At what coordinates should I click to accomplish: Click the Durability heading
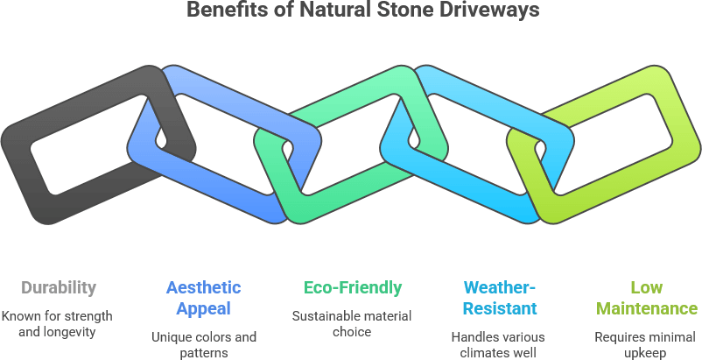(59, 287)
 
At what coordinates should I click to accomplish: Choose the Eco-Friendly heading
(352, 287)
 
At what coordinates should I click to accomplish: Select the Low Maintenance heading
(646, 298)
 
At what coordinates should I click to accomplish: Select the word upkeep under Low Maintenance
(646, 353)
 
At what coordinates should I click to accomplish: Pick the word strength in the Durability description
(91, 315)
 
